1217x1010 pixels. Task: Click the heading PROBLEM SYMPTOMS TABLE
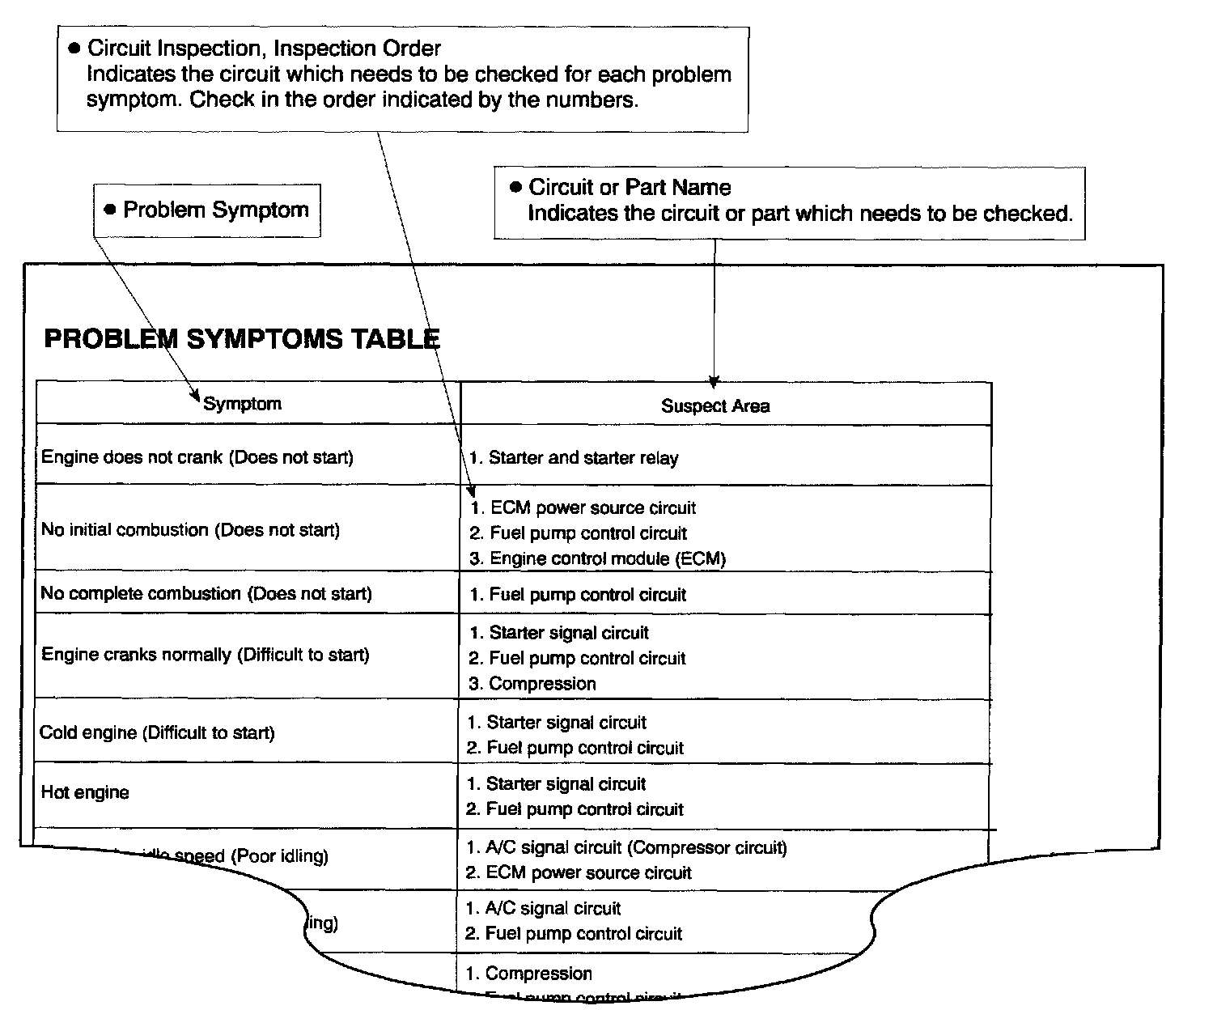tap(241, 338)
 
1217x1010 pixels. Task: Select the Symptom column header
tap(242, 404)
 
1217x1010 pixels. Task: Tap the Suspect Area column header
tap(715, 406)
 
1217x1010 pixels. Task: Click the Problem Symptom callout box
tap(207, 210)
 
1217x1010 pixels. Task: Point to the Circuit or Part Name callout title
tap(630, 188)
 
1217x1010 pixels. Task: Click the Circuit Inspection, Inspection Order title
tap(264, 49)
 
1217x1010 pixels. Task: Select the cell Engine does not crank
tap(197, 457)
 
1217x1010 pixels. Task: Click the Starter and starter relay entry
tap(583, 458)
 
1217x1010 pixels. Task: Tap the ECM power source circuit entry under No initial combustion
tap(592, 508)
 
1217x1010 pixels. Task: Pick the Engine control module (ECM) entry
tap(607, 558)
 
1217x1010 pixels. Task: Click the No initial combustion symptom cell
tap(191, 530)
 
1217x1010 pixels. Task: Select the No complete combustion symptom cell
tap(206, 594)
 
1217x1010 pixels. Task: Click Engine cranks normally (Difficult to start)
tap(206, 655)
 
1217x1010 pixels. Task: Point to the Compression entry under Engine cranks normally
tap(541, 684)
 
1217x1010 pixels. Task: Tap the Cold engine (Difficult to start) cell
tap(158, 733)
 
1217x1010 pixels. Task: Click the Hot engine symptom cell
tap(85, 792)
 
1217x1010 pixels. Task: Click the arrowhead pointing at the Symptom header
tap(195, 397)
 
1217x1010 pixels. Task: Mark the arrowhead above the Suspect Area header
tap(714, 381)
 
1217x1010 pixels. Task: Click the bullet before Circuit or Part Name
tap(516, 188)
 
